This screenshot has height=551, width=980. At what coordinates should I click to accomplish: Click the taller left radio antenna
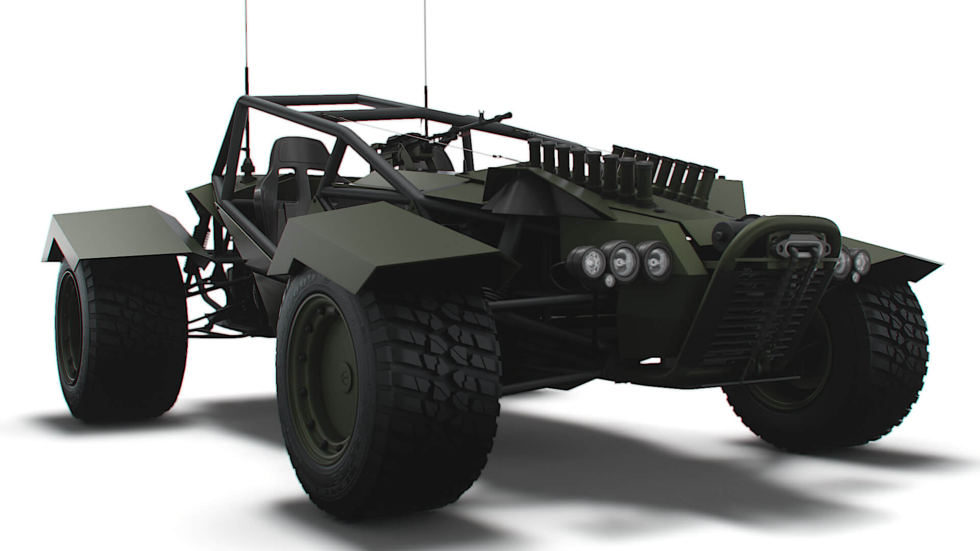click(x=246, y=77)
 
